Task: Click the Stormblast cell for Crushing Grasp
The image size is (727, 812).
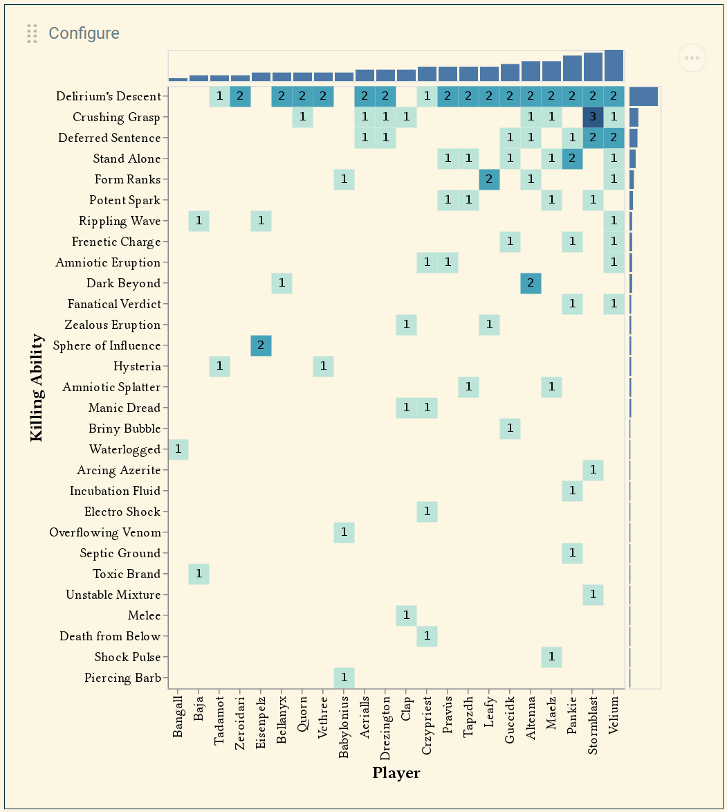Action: [593, 117]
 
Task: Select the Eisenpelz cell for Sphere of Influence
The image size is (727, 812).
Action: [261, 345]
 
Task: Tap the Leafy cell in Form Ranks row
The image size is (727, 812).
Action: [489, 179]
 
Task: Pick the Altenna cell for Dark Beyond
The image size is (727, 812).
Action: [531, 283]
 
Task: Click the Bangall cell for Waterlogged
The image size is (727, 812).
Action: [178, 449]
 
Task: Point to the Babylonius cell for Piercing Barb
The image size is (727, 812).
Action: [344, 678]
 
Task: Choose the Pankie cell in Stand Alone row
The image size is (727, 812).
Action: [572, 159]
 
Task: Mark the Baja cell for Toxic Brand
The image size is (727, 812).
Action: [199, 574]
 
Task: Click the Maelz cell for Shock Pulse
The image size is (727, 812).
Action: [551, 657]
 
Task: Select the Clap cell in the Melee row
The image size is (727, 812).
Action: [406, 615]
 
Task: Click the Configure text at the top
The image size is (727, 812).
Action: [84, 33]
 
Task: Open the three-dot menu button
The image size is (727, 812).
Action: [692, 58]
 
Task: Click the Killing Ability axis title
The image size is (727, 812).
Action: [37, 387]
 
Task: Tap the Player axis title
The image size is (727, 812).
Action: [396, 773]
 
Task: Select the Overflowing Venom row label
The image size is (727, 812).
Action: [105, 532]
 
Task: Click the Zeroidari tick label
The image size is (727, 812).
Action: [241, 723]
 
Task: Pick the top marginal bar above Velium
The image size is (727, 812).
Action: [614, 66]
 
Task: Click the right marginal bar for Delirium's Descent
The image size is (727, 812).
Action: [643, 96]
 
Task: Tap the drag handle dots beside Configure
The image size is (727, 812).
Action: [32, 33]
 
